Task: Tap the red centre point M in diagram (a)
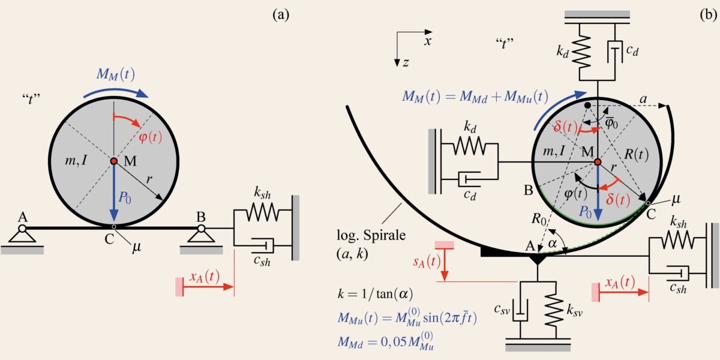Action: click(x=114, y=161)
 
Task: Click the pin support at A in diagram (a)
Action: click(x=22, y=235)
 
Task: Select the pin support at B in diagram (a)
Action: click(x=202, y=235)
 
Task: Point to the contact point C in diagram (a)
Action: click(x=114, y=227)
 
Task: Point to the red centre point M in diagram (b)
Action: click(x=597, y=161)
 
